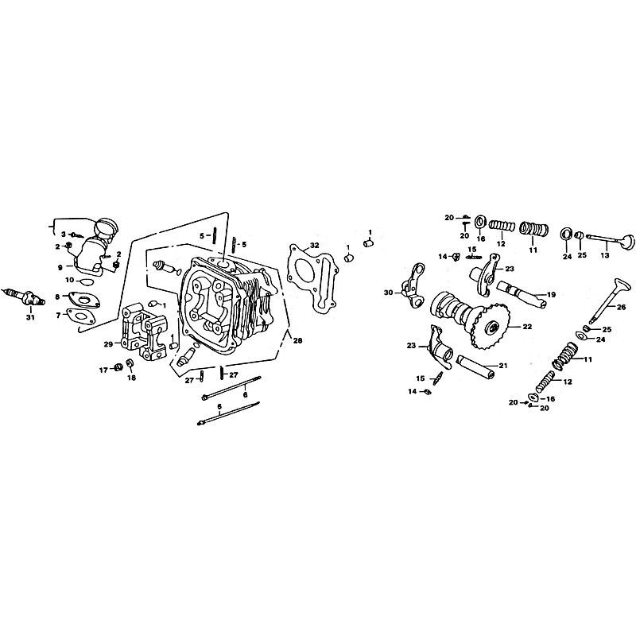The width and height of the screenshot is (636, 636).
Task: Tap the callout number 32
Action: pos(314,245)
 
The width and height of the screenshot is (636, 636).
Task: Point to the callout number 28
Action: pos(297,341)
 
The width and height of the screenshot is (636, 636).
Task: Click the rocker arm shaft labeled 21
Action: pos(476,366)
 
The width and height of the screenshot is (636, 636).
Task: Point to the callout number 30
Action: pos(388,293)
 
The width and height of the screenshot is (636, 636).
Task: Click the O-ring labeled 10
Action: pos(85,281)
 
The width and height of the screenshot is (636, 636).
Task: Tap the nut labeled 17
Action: pos(118,367)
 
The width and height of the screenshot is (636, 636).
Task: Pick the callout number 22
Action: pos(527,327)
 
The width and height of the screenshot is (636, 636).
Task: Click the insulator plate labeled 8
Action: pos(85,298)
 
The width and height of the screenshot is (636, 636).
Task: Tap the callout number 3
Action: pos(64,234)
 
